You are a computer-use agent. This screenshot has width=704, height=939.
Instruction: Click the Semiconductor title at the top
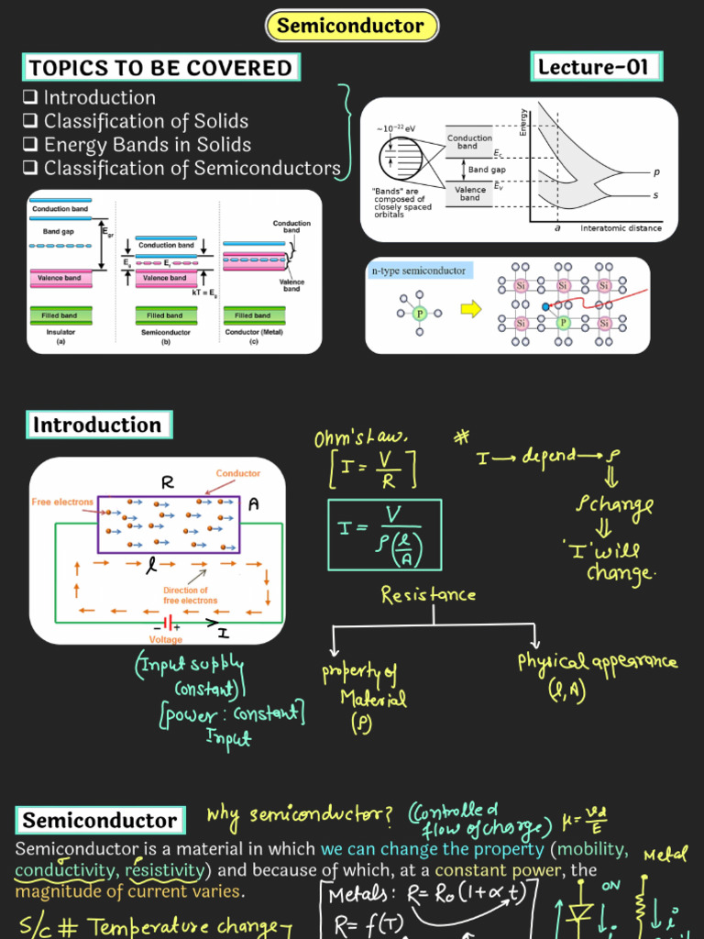click(352, 26)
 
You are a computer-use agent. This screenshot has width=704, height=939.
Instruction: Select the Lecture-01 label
click(595, 67)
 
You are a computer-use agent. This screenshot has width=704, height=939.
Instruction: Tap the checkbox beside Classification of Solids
click(30, 121)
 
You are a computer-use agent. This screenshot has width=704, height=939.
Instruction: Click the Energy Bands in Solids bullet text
click(147, 145)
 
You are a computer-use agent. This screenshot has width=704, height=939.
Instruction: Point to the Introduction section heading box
click(97, 425)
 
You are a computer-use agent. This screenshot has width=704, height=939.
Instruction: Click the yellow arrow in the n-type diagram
click(470, 310)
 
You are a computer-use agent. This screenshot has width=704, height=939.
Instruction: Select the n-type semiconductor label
click(418, 271)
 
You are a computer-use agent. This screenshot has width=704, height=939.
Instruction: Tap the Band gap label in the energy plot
click(487, 170)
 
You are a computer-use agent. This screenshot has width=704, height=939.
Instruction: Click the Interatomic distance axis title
click(621, 228)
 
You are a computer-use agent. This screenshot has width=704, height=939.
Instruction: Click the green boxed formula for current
click(384, 535)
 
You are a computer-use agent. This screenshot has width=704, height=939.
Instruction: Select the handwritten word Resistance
click(428, 595)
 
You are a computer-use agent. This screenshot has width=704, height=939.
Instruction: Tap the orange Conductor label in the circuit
click(238, 474)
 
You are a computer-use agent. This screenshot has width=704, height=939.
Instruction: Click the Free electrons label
click(62, 503)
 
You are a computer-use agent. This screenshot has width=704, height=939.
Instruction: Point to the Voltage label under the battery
click(166, 639)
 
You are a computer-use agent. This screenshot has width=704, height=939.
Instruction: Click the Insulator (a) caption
click(61, 336)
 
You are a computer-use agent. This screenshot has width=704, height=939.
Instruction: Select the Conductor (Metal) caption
click(254, 336)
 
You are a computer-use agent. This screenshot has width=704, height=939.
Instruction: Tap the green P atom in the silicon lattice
click(564, 323)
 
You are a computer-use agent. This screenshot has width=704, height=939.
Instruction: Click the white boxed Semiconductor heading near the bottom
click(100, 821)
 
